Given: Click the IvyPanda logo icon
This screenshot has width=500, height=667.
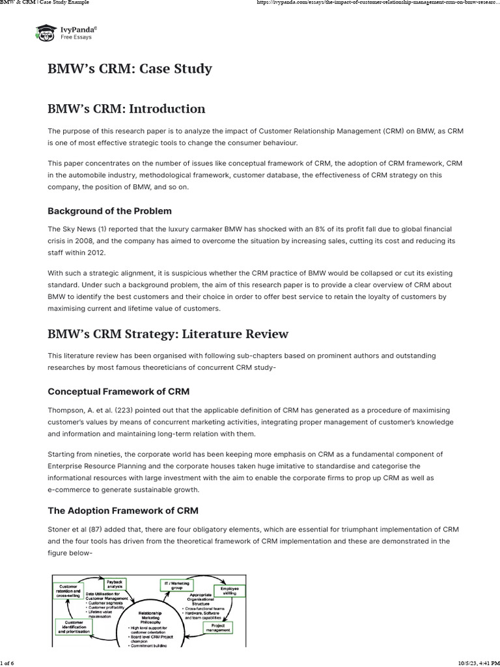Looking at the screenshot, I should point(45,33).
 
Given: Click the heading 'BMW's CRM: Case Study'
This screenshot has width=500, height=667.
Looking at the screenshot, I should point(130,68).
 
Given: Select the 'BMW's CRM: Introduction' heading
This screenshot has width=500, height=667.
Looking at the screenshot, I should point(126,109).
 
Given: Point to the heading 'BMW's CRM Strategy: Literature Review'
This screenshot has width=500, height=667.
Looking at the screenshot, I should point(168,334).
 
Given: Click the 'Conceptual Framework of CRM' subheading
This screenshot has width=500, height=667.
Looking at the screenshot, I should point(118,391).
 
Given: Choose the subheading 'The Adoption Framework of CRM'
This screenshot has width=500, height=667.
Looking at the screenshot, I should point(123,510).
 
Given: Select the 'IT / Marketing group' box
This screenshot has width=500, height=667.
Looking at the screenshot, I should point(175,584).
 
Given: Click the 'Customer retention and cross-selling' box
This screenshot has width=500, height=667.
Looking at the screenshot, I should point(68,591).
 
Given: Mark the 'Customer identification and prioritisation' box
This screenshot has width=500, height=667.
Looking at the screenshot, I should point(74,627).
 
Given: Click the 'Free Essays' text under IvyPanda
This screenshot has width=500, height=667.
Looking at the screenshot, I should point(76,37).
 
